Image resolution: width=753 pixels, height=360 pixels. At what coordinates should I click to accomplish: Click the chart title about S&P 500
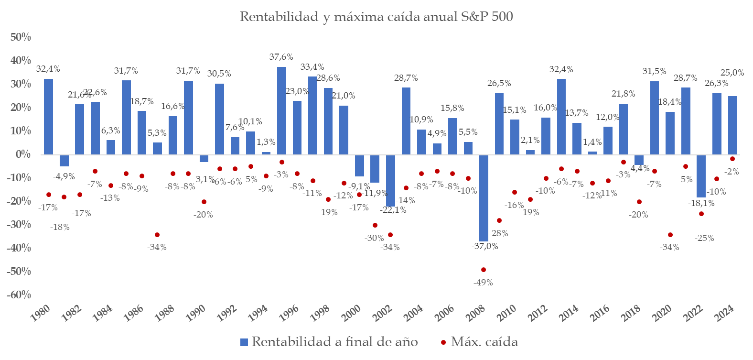pos(376,17)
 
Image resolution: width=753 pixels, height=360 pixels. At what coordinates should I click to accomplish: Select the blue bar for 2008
pos(484,198)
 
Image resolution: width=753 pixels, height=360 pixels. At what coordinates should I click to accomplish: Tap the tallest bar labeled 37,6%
pos(282,110)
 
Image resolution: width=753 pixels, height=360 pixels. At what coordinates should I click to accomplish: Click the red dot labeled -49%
pos(484,270)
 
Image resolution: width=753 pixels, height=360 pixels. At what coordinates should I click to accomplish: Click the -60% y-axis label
pos(19,295)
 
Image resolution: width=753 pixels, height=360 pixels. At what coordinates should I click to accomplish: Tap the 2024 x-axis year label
pos(723,314)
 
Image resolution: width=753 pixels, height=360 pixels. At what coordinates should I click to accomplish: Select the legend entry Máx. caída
pos(479,342)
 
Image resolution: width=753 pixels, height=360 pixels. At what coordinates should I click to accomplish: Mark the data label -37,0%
pos(484,246)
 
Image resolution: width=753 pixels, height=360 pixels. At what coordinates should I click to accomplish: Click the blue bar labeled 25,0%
pos(732,125)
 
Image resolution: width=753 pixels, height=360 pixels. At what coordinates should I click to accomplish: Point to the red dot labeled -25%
pos(701,214)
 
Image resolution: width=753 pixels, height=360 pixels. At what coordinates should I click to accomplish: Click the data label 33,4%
pos(312,67)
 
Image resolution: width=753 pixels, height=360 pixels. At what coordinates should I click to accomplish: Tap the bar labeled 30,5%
pos(219,119)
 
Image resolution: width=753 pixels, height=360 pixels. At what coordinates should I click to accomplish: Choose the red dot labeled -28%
pos(499,220)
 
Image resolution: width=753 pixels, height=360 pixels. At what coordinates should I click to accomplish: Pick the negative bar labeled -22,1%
pos(390,180)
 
